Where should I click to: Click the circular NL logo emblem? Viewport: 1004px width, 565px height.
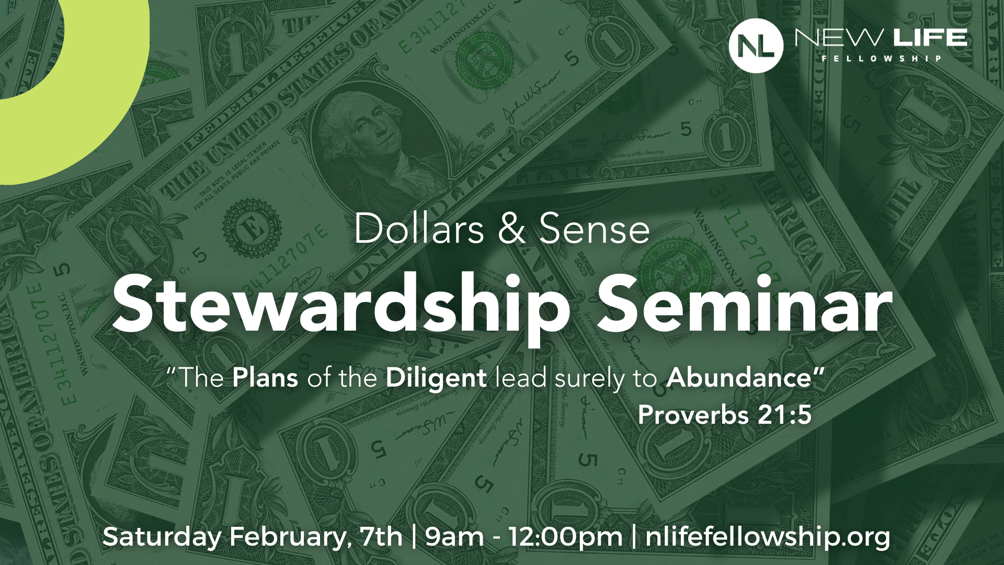[x=756, y=44]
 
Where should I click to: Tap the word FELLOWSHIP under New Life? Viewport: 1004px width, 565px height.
[x=882, y=59]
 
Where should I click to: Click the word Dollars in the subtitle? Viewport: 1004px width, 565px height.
[x=419, y=229]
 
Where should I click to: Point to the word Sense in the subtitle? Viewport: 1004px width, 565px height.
[x=594, y=229]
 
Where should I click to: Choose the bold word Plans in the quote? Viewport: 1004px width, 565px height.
[x=265, y=378]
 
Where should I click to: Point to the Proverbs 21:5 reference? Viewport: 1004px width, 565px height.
[x=724, y=415]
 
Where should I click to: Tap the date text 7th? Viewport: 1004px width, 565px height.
[x=382, y=537]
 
